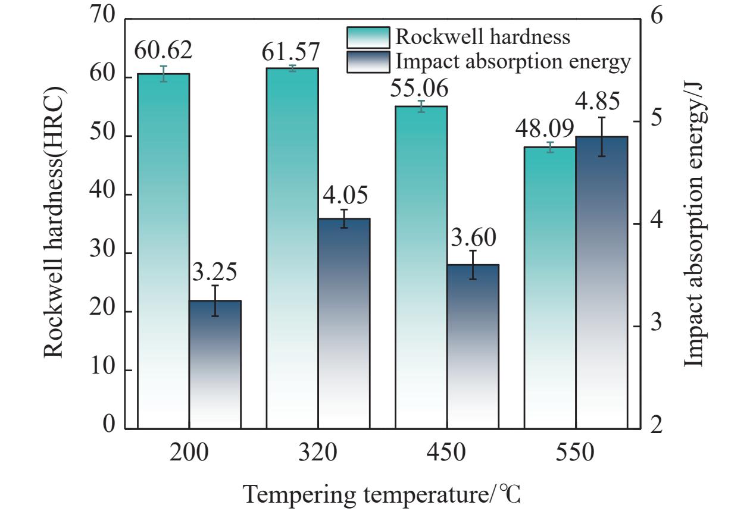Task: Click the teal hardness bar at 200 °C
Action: click(164, 251)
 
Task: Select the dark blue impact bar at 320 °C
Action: click(344, 323)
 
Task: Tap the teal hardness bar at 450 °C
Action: click(421, 267)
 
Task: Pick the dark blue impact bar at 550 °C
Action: click(602, 283)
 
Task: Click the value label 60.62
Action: click(163, 50)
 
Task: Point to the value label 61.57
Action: click(290, 52)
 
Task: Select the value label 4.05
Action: click(345, 195)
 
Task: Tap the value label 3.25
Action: click(215, 271)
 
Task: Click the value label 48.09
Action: click(545, 128)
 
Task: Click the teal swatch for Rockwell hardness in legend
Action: click(368, 37)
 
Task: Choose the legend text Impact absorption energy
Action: click(513, 62)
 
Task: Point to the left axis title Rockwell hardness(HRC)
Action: click(54, 222)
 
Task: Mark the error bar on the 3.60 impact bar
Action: click(473, 265)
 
